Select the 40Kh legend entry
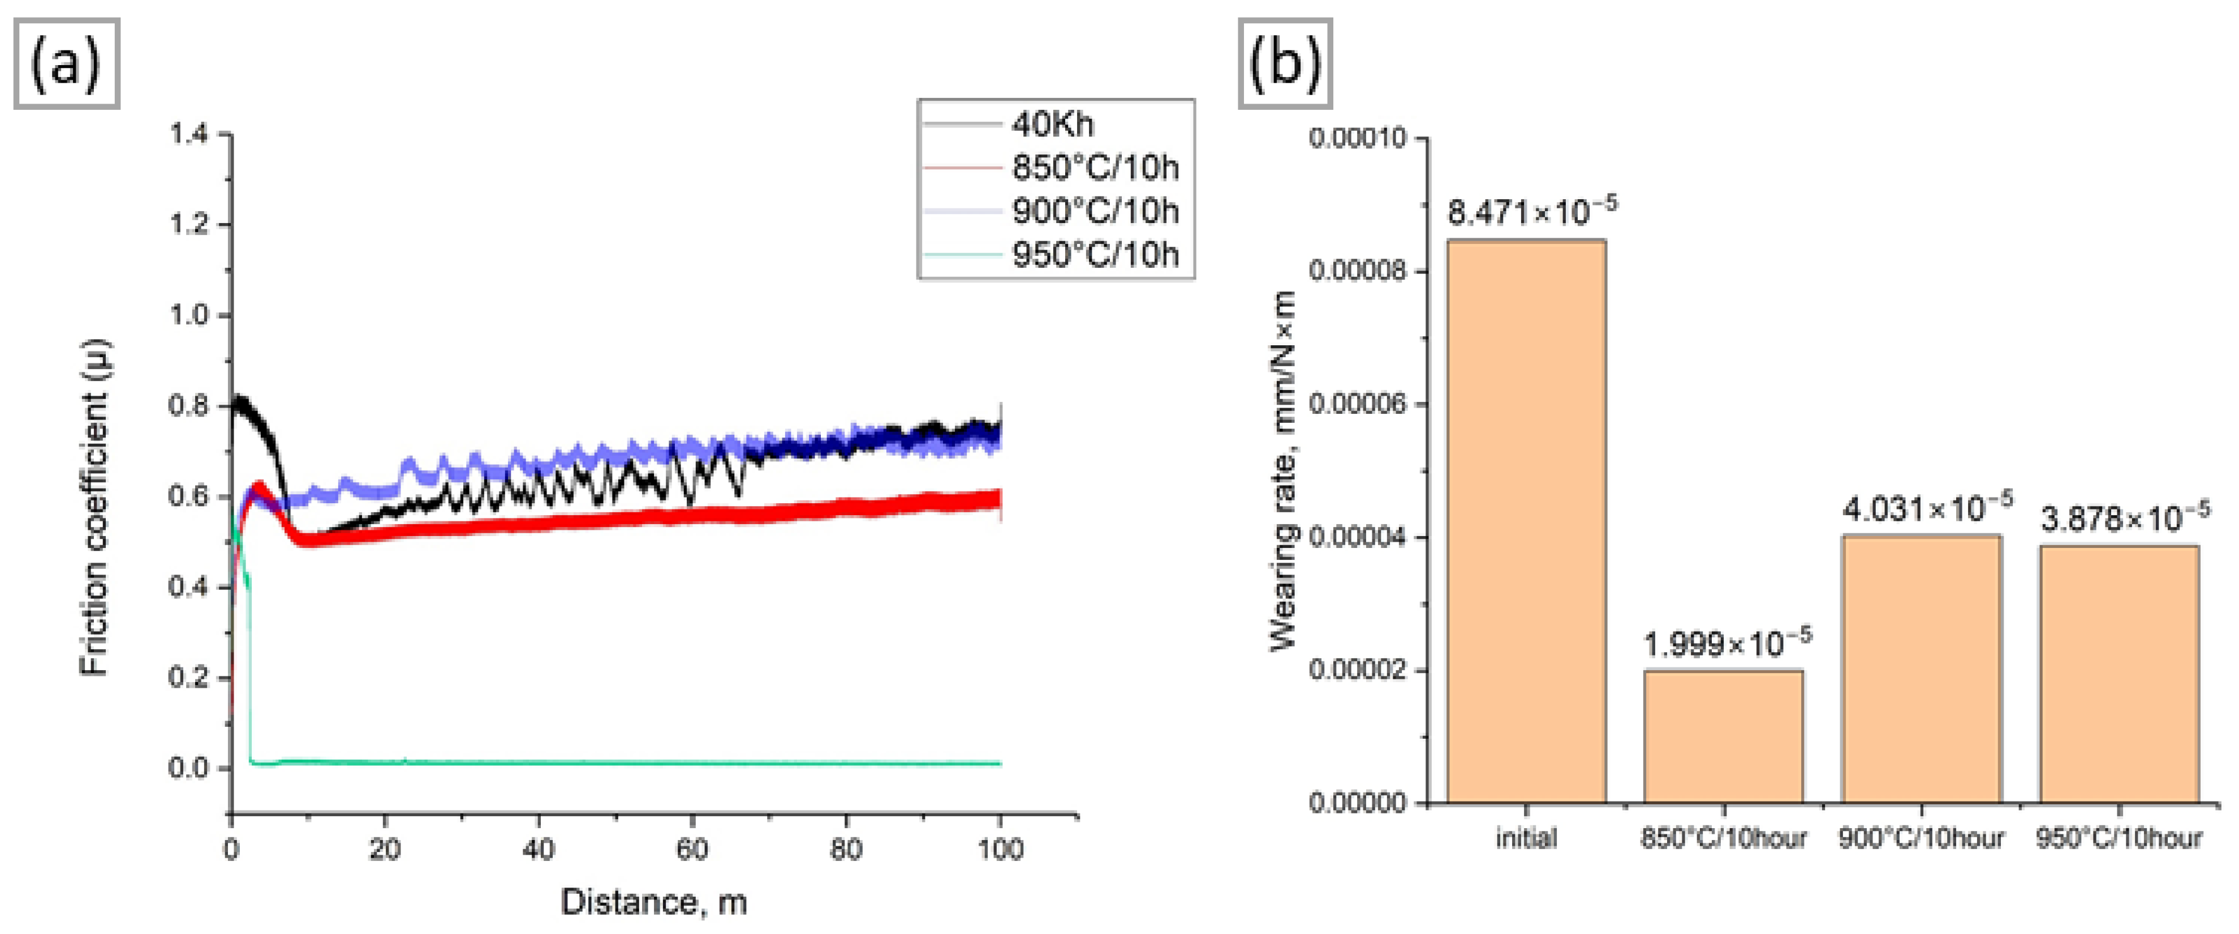tap(1052, 125)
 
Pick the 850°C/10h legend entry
tap(1095, 168)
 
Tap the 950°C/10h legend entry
tap(1095, 255)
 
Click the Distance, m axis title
tap(653, 902)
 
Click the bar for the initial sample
tap(1526, 522)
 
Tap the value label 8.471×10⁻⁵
tap(1531, 211)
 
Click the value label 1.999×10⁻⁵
tap(1727, 644)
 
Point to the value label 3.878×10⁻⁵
tap(2124, 519)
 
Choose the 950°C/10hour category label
tap(2119, 838)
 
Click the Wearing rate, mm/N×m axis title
tap(1283, 470)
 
